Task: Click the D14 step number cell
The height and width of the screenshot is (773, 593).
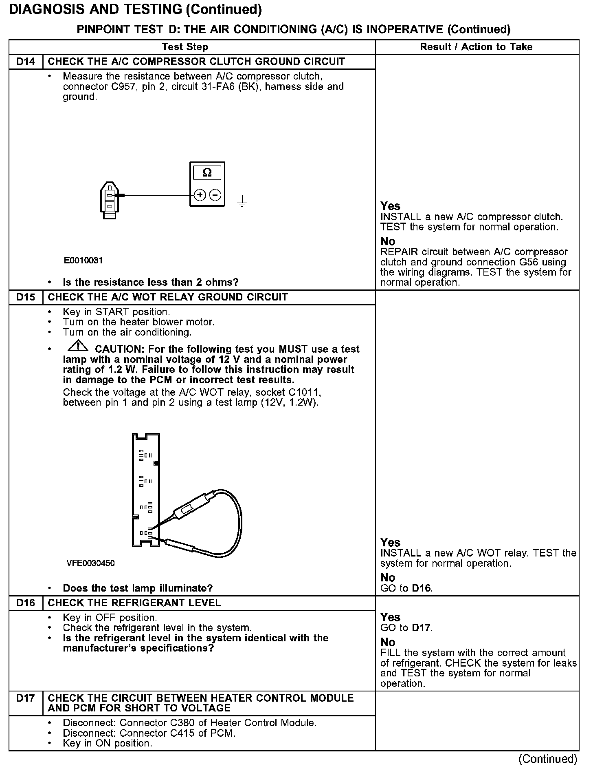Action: tap(26, 62)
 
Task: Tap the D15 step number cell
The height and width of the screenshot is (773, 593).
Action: tap(26, 297)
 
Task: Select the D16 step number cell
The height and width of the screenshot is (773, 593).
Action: tap(26, 603)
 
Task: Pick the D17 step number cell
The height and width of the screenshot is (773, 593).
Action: tap(26, 698)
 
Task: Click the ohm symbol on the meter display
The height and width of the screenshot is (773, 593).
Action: tap(207, 173)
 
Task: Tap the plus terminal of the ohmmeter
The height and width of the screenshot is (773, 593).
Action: tap(200, 196)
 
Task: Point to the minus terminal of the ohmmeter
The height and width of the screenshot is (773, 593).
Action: tap(215, 196)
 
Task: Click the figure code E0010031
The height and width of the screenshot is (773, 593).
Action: tap(83, 261)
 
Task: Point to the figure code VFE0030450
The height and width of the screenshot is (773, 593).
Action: tap(90, 563)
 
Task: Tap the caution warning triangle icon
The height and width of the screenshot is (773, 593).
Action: tap(78, 347)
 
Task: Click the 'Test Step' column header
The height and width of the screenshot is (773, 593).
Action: tap(185, 47)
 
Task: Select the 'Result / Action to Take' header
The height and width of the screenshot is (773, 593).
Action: tap(476, 47)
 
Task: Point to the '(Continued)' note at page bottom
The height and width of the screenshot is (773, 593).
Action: tap(548, 759)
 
